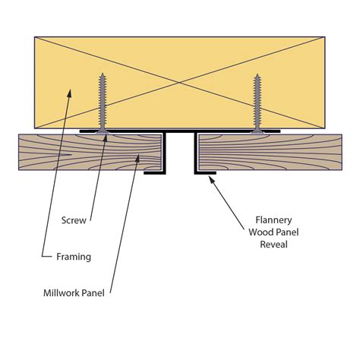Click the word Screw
tap(74, 221)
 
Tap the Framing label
tap(74, 257)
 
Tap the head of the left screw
tap(103, 131)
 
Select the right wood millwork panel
tap(270, 152)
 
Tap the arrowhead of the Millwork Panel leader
tap(137, 157)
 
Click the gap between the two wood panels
tap(181, 156)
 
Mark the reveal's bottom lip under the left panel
tap(155, 173)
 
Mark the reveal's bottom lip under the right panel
tap(205, 173)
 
